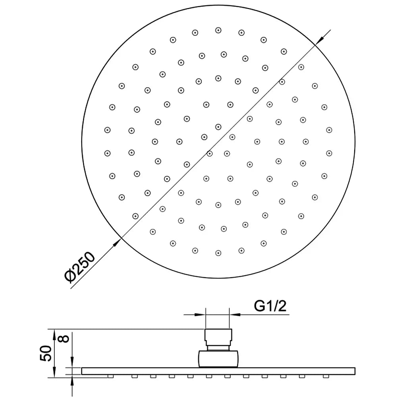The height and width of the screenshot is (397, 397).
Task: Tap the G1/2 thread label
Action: pyautogui.click(x=270, y=306)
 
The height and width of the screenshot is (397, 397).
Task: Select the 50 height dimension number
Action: pyautogui.click(x=46, y=353)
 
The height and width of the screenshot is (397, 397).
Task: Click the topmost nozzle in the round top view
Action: pyautogui.click(x=218, y=31)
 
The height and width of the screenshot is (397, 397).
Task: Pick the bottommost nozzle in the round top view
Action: pyautogui.click(x=218, y=253)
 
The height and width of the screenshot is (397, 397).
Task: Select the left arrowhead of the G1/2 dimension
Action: pyautogui.click(x=200, y=315)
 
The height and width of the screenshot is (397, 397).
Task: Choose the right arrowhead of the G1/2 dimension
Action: pyautogui.click(x=235, y=315)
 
